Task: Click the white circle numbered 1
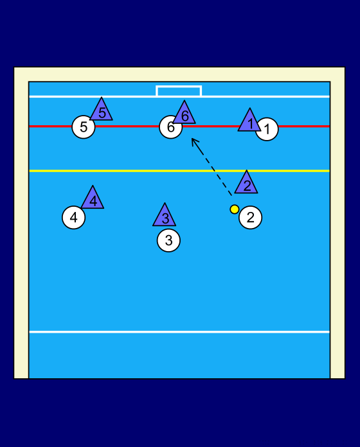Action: point(268,130)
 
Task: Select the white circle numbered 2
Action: point(251,218)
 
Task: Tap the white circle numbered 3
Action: point(168,240)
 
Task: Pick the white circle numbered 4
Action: point(73,218)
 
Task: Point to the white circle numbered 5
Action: point(84,127)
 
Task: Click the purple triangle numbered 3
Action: point(165,217)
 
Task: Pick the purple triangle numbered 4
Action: point(93,200)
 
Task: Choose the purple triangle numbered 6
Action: point(184,114)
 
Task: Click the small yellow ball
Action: point(235,209)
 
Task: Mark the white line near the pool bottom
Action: point(179,332)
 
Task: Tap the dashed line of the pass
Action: point(212,167)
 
